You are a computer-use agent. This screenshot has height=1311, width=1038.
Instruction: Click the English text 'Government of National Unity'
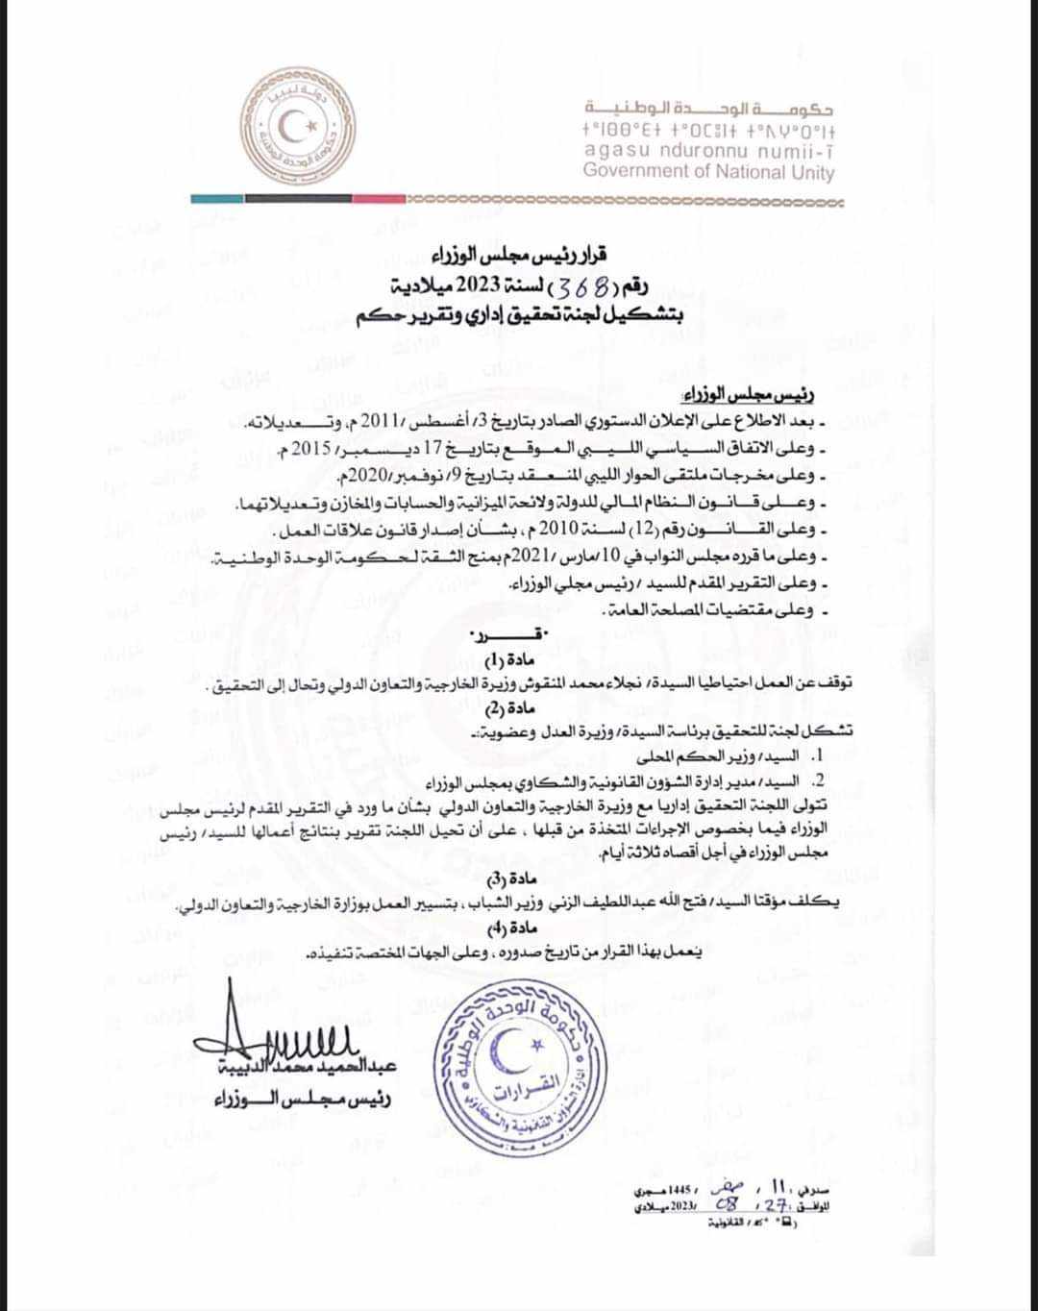708,172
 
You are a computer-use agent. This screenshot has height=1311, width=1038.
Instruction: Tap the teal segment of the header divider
216,199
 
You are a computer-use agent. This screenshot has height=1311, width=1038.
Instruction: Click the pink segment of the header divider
380,199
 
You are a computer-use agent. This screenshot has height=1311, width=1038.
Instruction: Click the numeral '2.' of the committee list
820,779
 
